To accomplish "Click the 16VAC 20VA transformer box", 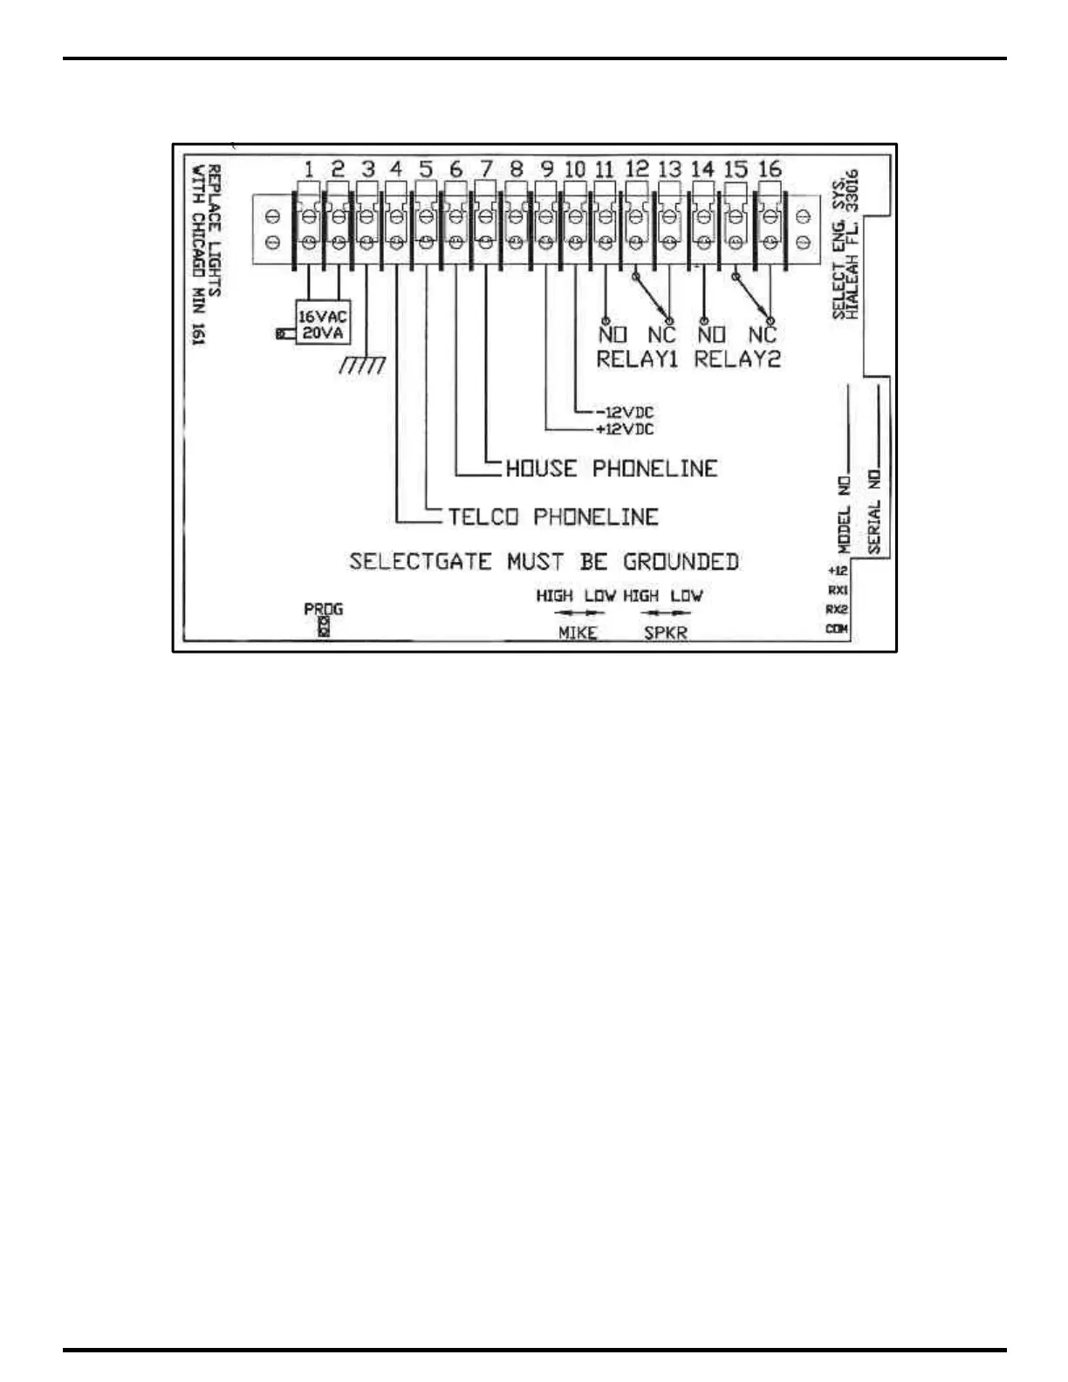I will coord(322,325).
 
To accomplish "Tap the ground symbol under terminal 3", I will coord(362,366).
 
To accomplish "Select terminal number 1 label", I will coord(309,169).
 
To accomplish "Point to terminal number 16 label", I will coord(769,169).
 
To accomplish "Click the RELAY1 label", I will coord(637,359).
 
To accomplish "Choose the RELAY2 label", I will coord(737,359).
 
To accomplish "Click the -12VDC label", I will coord(625,412).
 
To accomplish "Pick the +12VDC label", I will coord(625,429).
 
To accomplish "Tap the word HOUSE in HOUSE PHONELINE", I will coord(542,469).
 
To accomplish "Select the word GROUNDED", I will coord(681,562).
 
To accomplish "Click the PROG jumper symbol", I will coord(324,626).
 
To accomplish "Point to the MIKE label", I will coord(578,633).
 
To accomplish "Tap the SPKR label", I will coord(666,633).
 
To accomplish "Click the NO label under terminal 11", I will coord(613,334).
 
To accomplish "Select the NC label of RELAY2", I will coord(763,334).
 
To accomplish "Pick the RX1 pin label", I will coord(837,590).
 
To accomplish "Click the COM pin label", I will coord(837,629).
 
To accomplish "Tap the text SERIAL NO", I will coord(875,511).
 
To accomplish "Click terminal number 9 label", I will coord(546,169).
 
